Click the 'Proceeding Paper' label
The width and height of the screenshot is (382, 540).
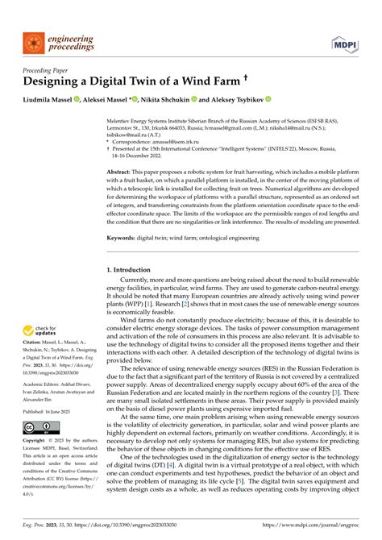[48, 69]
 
